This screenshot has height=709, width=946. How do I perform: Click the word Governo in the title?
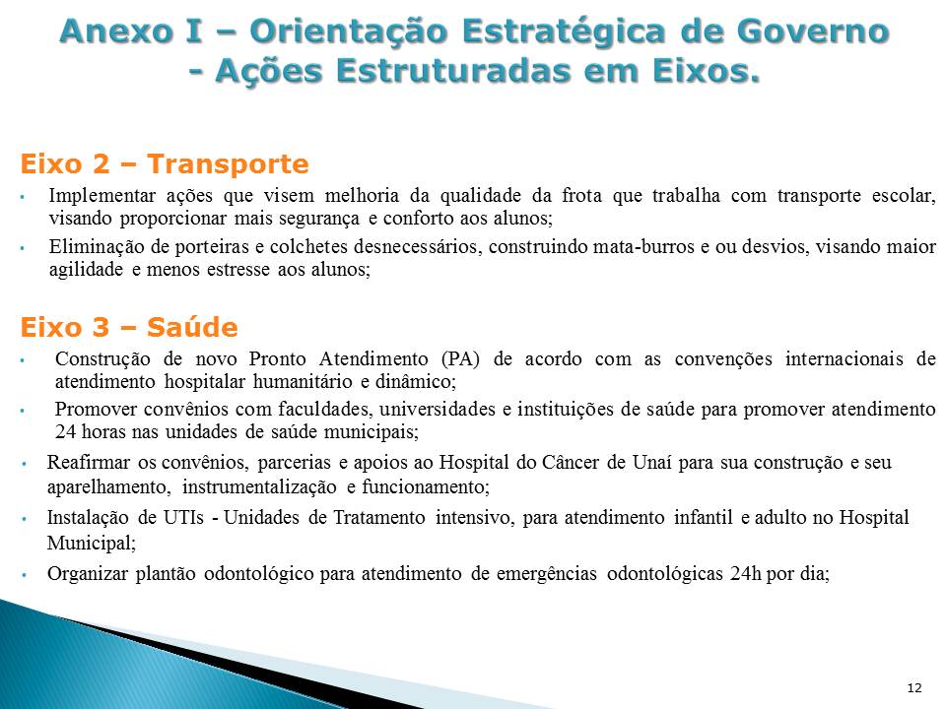tap(813, 31)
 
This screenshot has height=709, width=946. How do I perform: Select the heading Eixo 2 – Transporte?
tap(165, 164)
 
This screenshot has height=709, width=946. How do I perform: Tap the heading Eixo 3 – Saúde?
tap(128, 327)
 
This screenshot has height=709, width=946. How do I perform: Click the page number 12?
tap(914, 688)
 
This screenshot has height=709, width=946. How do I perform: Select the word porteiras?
tap(211, 247)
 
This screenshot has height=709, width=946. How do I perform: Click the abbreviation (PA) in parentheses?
tap(460, 358)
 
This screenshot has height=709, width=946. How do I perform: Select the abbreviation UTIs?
tap(183, 518)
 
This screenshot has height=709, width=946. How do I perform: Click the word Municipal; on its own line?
tap(92, 544)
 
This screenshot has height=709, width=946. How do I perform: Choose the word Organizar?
tap(88, 573)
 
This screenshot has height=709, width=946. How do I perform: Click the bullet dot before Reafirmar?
tap(24, 464)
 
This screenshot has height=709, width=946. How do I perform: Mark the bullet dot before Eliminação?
tap(23, 248)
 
